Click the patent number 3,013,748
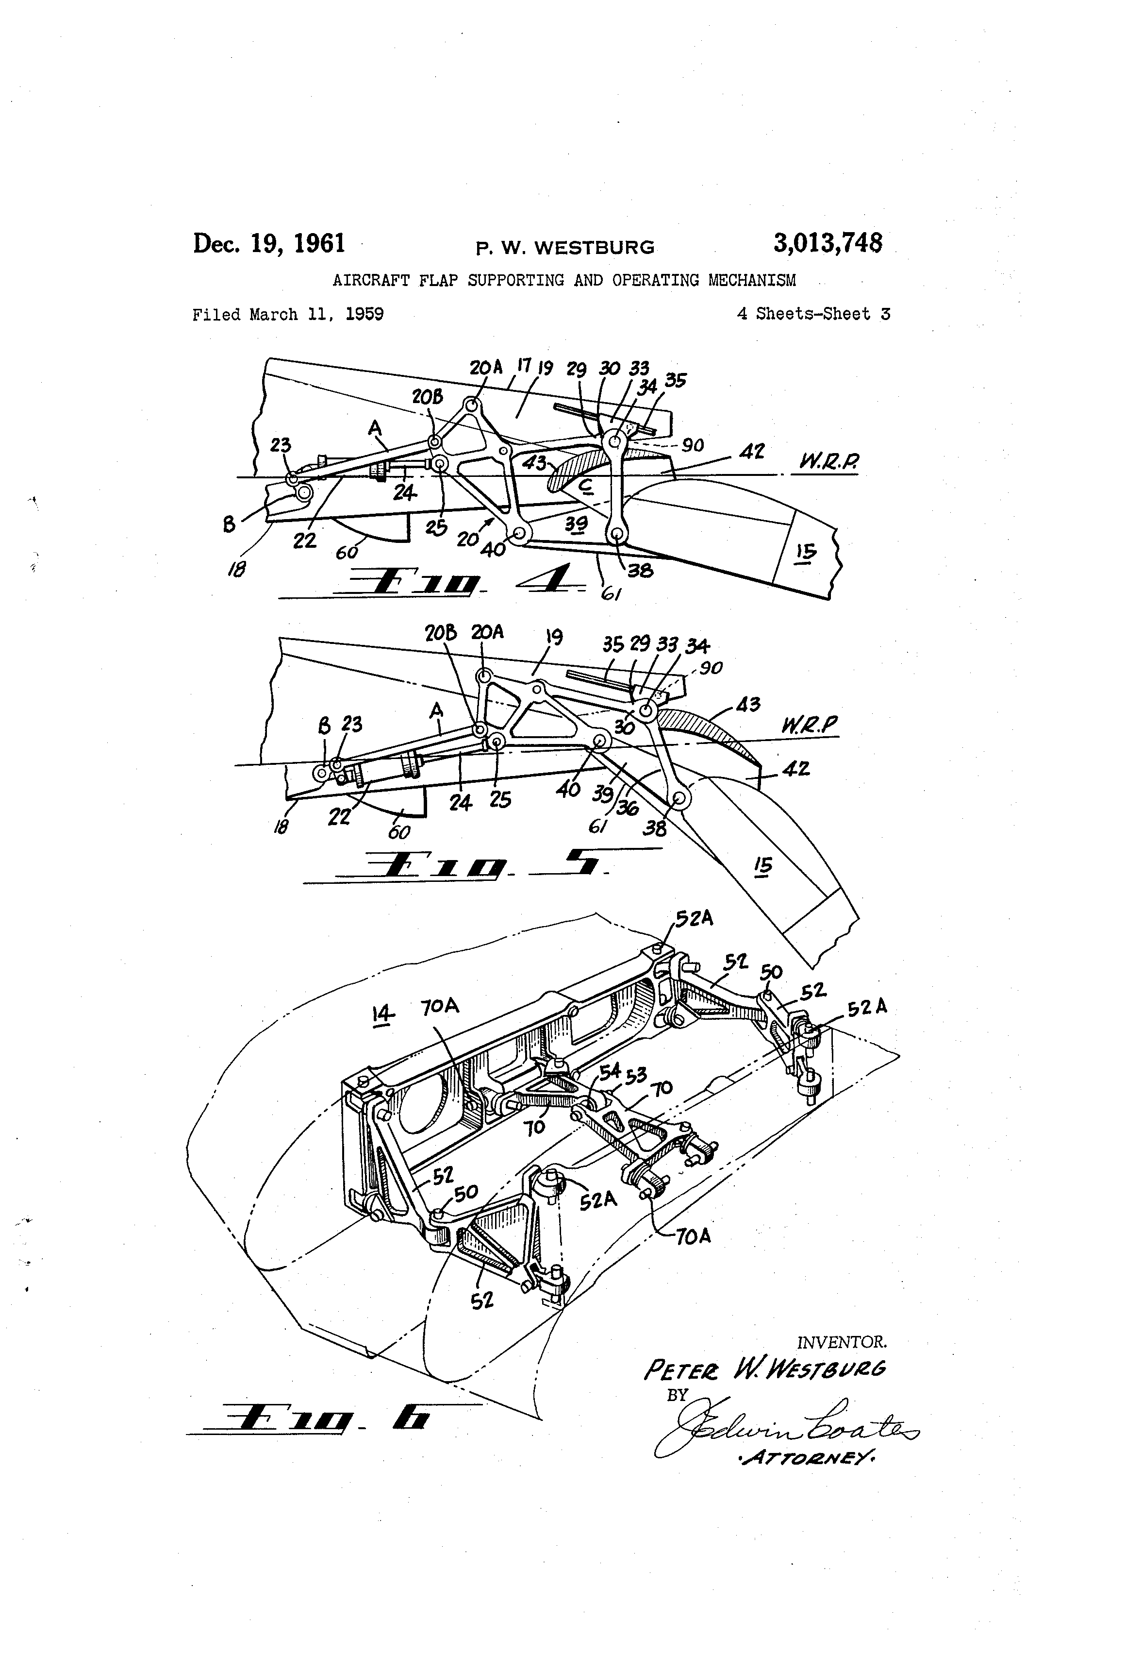827,244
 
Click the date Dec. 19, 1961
269,244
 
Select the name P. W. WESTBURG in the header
564,248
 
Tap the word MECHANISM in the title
752,281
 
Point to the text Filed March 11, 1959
287,314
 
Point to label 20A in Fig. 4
485,368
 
